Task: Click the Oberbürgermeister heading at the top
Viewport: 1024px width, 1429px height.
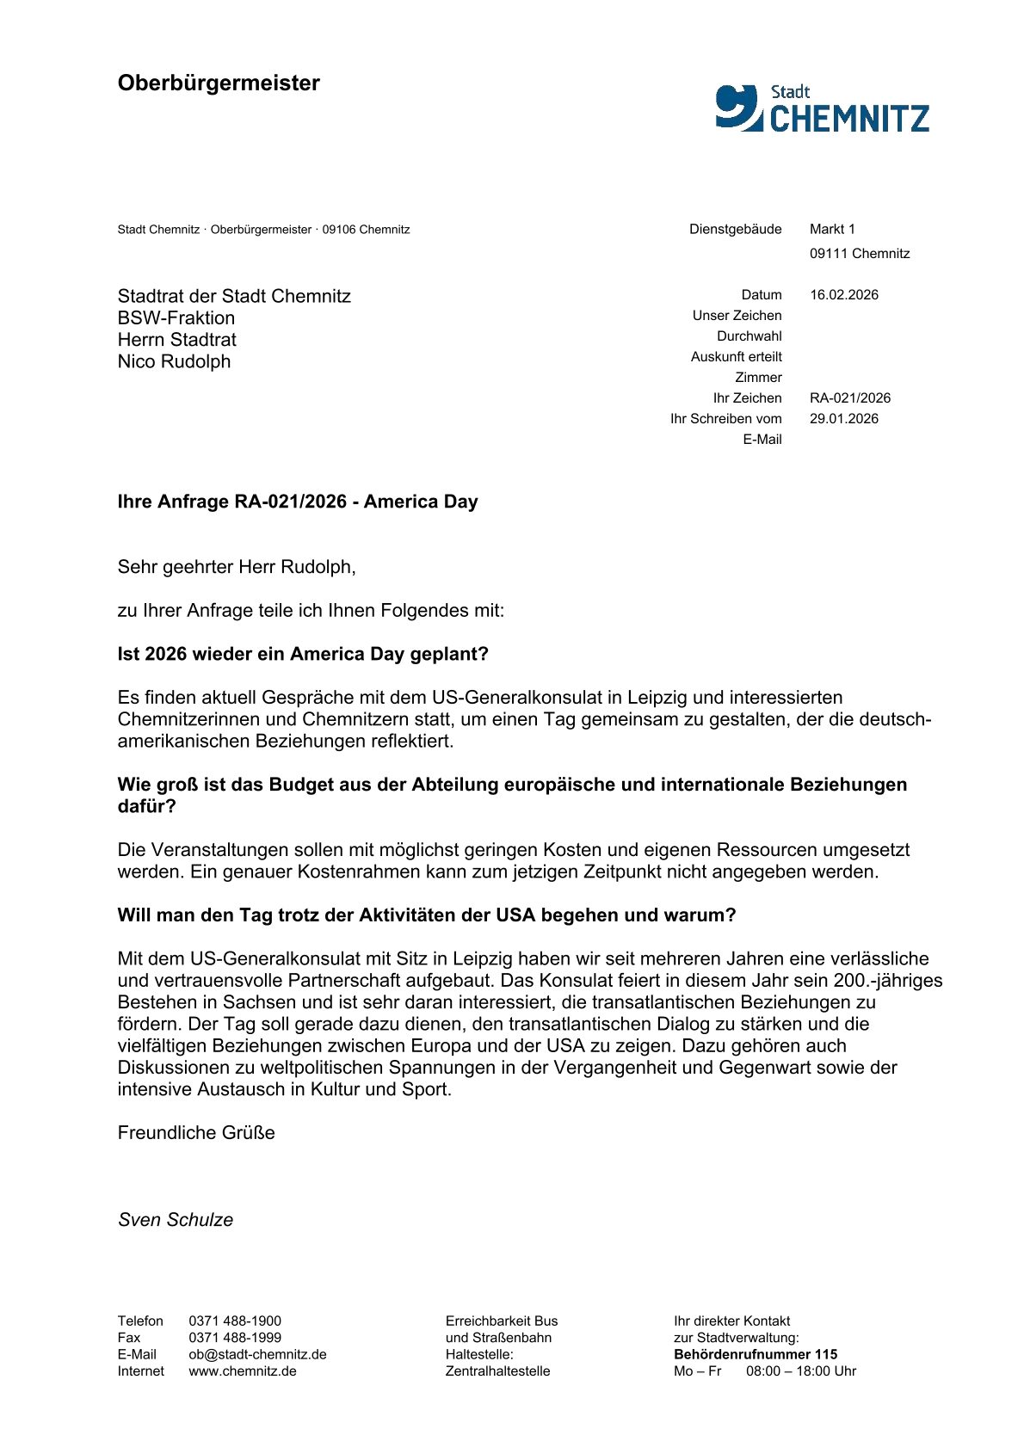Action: click(219, 83)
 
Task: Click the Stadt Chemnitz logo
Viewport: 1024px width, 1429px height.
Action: click(822, 108)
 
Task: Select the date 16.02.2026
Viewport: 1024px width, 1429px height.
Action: click(843, 295)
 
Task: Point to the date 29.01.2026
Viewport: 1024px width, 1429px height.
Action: click(843, 419)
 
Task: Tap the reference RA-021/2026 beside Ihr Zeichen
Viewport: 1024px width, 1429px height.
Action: click(849, 398)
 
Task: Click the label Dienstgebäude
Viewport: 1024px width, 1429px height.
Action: click(735, 229)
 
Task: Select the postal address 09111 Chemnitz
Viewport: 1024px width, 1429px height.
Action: click(859, 254)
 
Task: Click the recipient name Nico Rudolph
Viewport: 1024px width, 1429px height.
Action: click(174, 361)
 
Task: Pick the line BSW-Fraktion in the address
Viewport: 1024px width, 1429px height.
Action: click(176, 317)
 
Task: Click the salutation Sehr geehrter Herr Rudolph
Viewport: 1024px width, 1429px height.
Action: click(236, 567)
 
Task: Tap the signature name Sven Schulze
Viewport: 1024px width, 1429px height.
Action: click(176, 1220)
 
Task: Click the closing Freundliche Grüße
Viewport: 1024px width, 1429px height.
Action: click(196, 1133)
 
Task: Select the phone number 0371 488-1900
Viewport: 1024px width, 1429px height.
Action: click(235, 1321)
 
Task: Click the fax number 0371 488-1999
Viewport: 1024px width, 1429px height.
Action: click(235, 1338)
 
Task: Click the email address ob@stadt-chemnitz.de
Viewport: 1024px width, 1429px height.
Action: click(257, 1354)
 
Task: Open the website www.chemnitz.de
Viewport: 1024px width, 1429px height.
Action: click(243, 1371)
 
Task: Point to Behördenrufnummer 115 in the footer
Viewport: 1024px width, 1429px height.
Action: click(755, 1354)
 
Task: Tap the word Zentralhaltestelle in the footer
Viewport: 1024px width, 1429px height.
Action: click(497, 1371)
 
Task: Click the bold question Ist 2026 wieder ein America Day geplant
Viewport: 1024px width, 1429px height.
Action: click(303, 654)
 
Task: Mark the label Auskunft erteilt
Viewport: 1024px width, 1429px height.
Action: click(736, 357)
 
